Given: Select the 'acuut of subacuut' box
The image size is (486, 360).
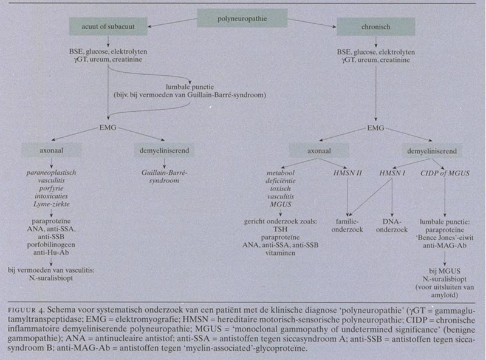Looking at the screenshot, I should click(x=108, y=26).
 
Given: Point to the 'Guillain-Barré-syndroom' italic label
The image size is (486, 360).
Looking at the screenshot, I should click(x=160, y=177).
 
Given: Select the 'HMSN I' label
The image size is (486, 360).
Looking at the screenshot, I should click(x=392, y=173).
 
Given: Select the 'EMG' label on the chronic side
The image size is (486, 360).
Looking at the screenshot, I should click(x=375, y=129).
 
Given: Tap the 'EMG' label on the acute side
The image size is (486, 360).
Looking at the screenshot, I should click(x=108, y=129).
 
